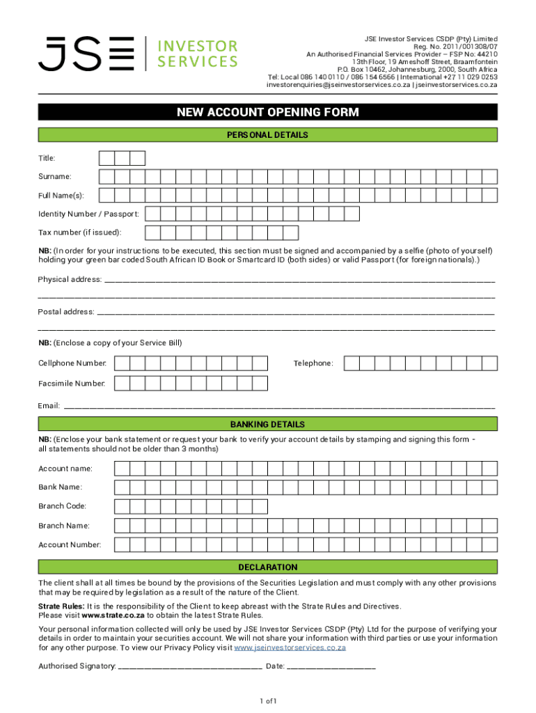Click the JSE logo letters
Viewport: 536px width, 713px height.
86,54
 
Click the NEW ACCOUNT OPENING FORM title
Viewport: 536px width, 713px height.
268,113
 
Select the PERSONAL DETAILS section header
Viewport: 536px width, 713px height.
268,135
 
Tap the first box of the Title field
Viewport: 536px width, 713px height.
107,159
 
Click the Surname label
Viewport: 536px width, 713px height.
55,177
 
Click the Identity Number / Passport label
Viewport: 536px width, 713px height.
88,213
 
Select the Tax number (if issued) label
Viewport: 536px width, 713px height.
80,232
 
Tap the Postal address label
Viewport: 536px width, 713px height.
66,312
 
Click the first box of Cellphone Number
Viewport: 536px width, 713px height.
121,363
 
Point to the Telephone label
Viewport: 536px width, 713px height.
313,363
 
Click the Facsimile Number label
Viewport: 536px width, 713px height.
72,383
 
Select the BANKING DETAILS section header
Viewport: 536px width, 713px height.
268,424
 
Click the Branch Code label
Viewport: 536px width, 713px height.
63,506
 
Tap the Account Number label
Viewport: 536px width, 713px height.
70,544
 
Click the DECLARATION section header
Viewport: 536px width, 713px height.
268,567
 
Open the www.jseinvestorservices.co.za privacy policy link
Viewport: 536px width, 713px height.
290,648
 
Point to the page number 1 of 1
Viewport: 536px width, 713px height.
268,700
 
